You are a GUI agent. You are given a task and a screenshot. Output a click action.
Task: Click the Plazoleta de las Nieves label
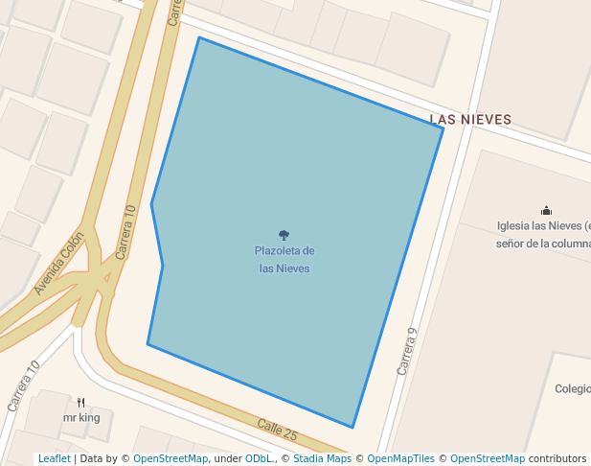(284, 260)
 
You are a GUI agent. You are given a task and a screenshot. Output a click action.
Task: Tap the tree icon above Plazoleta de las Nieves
(284, 235)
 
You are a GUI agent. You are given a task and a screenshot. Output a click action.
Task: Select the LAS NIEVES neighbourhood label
(470, 120)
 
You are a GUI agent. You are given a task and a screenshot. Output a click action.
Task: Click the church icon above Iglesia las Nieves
(546, 210)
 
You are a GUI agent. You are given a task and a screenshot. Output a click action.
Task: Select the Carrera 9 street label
(408, 351)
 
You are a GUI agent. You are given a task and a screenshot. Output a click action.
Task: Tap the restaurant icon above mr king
(81, 403)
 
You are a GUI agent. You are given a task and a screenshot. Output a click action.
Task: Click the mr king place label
(81, 418)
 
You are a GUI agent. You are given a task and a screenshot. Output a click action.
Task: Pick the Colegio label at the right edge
(572, 389)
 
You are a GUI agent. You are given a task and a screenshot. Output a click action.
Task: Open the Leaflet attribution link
(54, 458)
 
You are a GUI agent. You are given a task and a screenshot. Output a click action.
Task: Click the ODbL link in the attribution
(259, 458)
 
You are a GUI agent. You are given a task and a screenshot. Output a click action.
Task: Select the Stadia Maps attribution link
(322, 458)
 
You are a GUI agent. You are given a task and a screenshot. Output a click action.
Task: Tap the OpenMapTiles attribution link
(400, 458)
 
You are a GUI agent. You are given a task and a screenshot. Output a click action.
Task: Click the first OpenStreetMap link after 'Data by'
(170, 458)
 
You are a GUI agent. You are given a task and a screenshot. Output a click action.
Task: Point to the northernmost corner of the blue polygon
(199, 37)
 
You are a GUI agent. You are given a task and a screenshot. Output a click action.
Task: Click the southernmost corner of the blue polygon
(352, 428)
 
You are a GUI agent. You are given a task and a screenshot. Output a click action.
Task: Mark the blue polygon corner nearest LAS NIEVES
(443, 128)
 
